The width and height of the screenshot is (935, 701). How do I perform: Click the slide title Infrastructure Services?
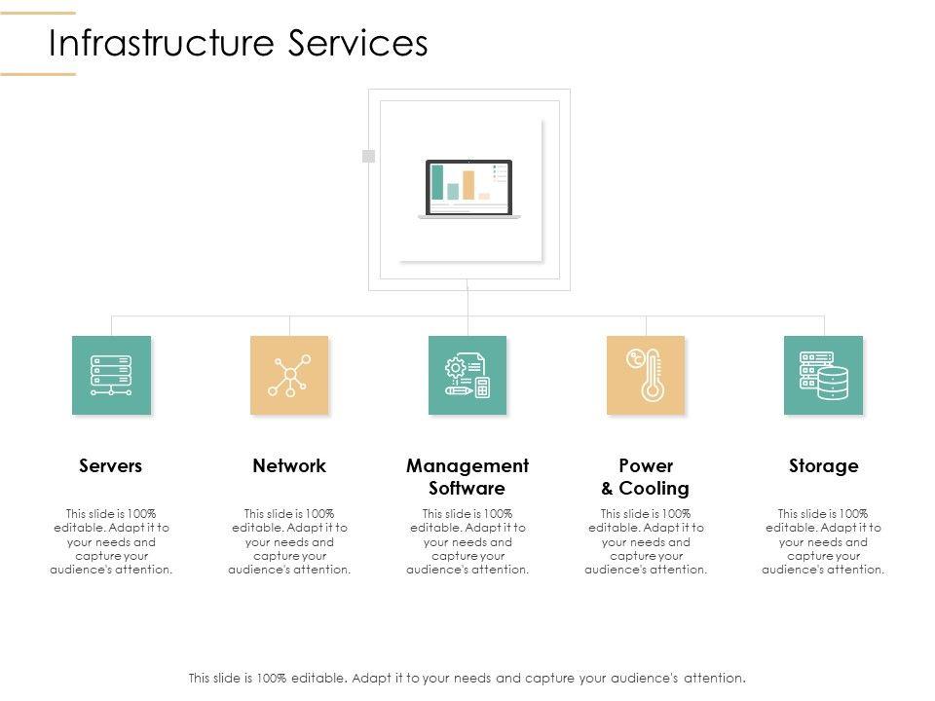239,44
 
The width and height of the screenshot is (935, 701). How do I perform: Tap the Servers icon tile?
111,375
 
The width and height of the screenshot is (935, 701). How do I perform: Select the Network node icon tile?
289,375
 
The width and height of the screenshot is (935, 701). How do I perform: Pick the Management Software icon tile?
467,375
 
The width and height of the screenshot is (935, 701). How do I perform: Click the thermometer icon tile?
646,375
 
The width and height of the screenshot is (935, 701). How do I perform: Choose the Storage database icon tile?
823,375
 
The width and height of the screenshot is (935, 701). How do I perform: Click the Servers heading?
111,465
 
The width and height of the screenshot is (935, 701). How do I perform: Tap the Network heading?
289,465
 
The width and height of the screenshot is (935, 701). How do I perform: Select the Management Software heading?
467,476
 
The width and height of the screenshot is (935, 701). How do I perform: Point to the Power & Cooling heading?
646,476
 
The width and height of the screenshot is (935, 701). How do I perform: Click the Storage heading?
823,465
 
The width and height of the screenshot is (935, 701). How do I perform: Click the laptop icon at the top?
468,189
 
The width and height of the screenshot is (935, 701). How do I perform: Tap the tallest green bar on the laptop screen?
437,182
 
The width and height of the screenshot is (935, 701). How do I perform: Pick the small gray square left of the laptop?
368,156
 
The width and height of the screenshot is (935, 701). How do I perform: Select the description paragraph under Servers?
111,541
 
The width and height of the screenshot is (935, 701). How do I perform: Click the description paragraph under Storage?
823,541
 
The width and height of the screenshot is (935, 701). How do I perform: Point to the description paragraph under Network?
289,541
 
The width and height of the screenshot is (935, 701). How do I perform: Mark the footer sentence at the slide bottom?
467,678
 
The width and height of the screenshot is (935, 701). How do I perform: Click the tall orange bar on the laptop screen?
468,185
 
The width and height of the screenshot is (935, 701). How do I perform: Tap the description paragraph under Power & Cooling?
646,541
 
